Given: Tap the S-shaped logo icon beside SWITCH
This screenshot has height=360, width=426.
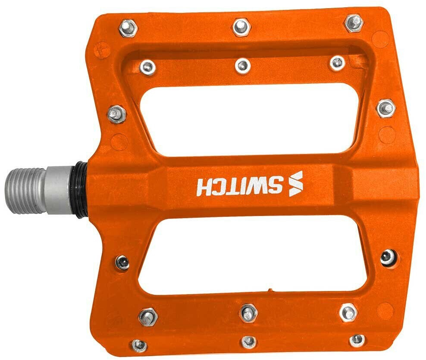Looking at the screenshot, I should [x=296, y=184].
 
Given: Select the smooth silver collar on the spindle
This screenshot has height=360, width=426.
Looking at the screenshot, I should [x=60, y=190].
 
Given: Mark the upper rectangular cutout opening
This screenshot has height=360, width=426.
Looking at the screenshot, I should [x=250, y=116].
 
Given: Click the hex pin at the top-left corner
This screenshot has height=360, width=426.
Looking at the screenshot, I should [x=127, y=28].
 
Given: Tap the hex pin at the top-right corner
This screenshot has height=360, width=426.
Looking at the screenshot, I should [x=354, y=22].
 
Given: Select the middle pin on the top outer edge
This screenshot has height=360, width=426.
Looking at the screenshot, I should [x=241, y=27].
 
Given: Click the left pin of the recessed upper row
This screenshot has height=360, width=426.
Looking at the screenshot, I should [x=148, y=67].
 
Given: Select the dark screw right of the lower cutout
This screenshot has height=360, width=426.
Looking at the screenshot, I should [x=388, y=258].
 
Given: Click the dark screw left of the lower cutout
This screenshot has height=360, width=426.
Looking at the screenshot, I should [x=122, y=262].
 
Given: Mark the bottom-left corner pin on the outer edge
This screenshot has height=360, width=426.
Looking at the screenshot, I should [x=139, y=345].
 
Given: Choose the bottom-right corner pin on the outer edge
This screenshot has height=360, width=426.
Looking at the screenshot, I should [x=357, y=340].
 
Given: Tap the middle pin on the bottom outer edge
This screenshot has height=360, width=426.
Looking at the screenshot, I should [x=249, y=342].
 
